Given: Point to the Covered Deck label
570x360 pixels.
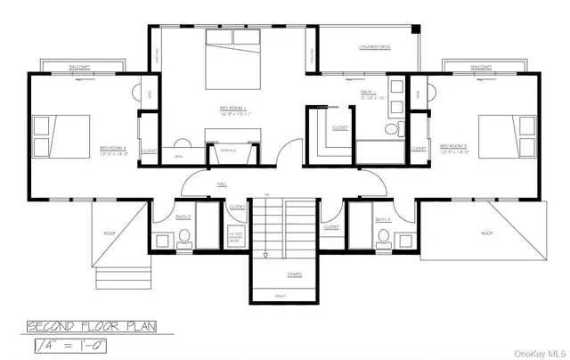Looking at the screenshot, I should pyautogui.click(x=374, y=47).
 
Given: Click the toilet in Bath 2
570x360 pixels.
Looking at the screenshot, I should pyautogui.click(x=184, y=236).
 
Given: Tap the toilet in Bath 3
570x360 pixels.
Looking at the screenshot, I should pyautogui.click(x=383, y=236).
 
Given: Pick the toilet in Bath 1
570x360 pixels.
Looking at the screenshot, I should pyautogui.click(x=390, y=131).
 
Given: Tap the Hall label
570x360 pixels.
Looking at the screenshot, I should pyautogui.click(x=222, y=184).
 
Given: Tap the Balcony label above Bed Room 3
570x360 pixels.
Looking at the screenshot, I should pyautogui.click(x=481, y=67).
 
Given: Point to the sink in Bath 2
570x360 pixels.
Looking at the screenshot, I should pyautogui.click(x=162, y=239).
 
